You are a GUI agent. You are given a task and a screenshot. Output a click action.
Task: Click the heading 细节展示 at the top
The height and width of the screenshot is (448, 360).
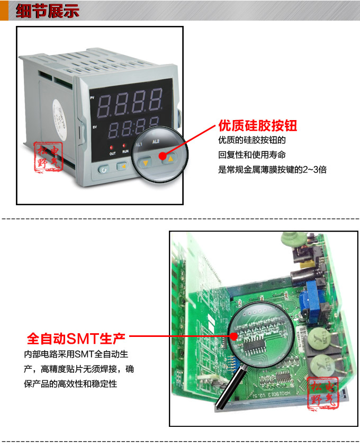(47, 11)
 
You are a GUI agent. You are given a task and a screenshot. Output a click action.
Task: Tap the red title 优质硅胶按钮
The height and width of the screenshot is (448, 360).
(257, 126)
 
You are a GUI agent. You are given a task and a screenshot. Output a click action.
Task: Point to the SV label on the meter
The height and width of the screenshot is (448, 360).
(94, 127)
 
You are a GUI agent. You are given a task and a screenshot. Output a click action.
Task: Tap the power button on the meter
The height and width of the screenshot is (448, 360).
(103, 169)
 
